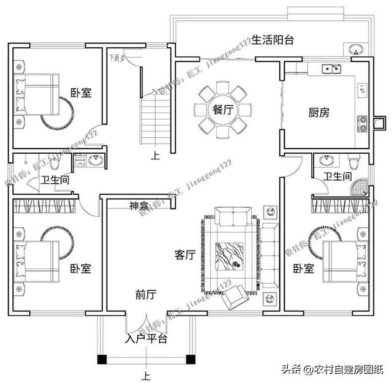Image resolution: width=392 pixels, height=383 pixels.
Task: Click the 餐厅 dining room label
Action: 222,110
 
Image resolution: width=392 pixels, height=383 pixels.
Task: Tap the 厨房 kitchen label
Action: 319,113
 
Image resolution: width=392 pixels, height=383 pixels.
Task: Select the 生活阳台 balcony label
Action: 273,40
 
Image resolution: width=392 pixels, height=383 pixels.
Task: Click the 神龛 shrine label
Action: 139,205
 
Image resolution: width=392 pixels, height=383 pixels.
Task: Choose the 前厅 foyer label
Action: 146,295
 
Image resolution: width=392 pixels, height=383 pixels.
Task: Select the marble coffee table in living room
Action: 230,256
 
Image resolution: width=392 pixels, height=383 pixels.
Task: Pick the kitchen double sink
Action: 331,69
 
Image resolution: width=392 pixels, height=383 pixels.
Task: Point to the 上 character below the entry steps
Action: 146,375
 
